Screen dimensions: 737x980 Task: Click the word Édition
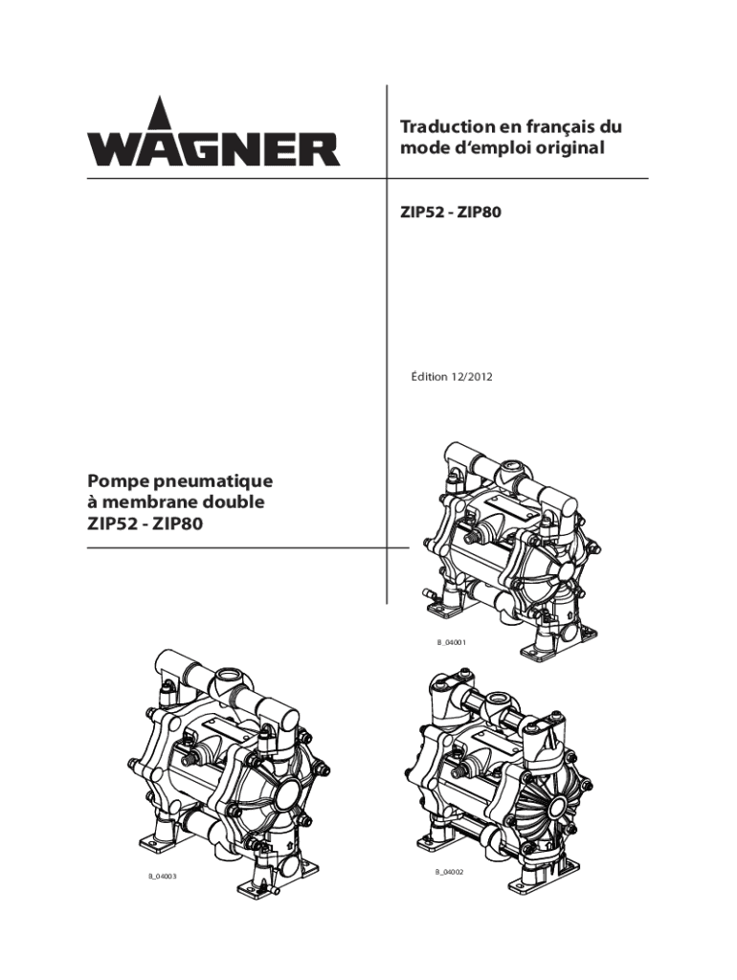coord(428,377)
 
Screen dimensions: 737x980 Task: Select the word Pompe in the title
coord(115,482)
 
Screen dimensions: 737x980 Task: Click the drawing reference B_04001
coord(452,642)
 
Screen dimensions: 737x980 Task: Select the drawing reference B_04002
coord(451,872)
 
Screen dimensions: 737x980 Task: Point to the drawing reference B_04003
coord(163,877)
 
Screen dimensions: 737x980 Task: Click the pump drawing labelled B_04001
coord(507,549)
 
